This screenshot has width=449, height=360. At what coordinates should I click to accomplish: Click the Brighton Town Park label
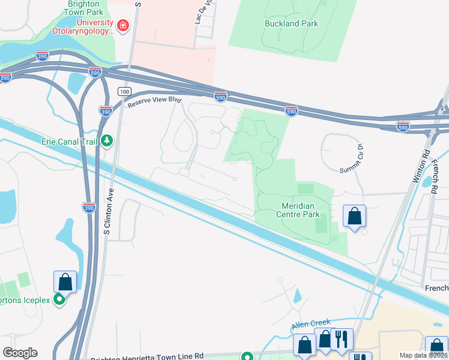coord(83,8)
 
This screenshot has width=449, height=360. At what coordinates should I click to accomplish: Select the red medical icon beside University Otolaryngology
coord(123,25)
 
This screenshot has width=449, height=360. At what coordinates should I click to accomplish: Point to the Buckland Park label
coord(291,24)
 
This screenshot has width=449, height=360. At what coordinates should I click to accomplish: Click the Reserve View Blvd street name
coord(154,102)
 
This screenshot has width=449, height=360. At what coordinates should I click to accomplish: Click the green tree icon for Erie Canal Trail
coord(107,140)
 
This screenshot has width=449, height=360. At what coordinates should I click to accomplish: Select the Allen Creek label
coord(311,325)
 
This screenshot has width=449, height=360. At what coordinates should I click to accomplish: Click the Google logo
coord(20,353)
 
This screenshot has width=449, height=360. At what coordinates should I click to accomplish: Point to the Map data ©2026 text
coord(423,355)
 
